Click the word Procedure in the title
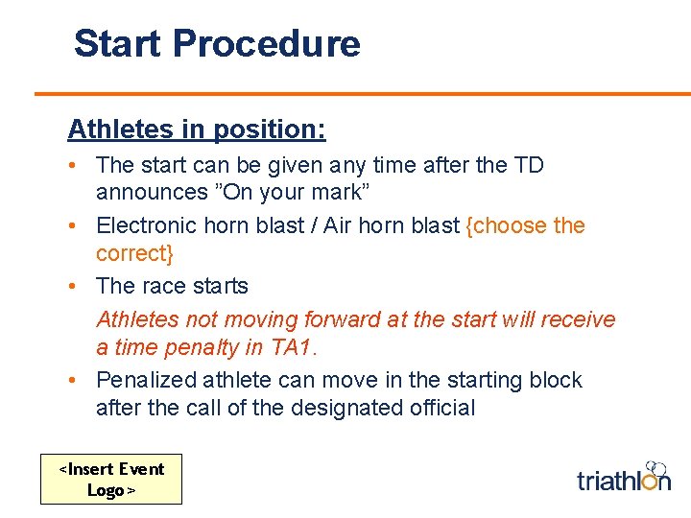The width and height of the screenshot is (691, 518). (x=267, y=43)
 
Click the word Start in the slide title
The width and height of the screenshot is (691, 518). (x=118, y=43)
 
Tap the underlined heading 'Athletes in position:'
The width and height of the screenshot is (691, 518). (x=197, y=129)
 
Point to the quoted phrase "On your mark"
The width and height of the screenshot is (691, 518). (x=292, y=192)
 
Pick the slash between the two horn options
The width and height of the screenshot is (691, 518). (x=313, y=225)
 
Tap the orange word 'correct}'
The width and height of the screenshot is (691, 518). (x=134, y=253)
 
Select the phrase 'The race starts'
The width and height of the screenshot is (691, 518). (x=172, y=286)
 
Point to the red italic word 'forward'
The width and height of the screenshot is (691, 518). (x=342, y=319)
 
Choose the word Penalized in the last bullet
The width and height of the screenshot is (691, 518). (x=146, y=380)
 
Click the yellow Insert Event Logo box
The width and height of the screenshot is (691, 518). (x=111, y=480)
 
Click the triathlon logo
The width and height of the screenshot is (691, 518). (x=624, y=477)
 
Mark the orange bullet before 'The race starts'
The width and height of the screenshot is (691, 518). (x=72, y=286)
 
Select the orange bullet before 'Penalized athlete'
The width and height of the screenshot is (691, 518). (x=72, y=380)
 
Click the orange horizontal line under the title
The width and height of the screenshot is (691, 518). (x=363, y=94)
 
